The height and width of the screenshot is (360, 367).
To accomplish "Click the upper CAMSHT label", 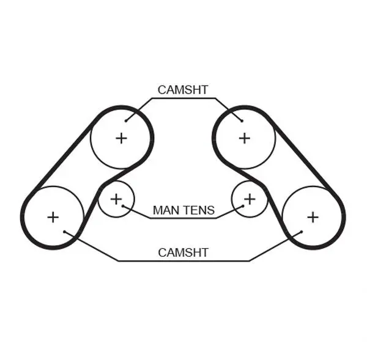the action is point(183,90).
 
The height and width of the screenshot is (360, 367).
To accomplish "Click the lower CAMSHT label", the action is point(183,252).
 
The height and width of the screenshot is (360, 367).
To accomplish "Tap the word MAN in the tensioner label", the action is point(164,210).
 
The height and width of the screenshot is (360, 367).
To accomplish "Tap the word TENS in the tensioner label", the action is point(196,210).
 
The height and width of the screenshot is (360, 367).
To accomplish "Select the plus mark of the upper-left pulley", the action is point(121,138).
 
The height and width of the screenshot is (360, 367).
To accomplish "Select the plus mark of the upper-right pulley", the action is point(244,138).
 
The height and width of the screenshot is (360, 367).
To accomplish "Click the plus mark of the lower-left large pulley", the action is point(53,218).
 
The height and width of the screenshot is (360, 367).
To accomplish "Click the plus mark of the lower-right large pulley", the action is point(313,218).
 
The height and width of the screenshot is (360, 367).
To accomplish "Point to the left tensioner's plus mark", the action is point(116,199).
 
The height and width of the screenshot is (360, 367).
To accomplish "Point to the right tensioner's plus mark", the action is point(250,199).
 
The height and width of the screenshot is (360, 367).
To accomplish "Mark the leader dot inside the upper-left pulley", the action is point(126,120).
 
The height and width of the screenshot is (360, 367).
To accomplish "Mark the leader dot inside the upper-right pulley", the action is point(242,120).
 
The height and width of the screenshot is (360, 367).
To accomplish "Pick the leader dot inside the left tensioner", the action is point(123,206).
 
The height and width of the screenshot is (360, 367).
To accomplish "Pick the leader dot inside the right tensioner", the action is point(243,206).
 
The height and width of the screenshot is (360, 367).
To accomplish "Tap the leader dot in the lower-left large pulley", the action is point(64,232).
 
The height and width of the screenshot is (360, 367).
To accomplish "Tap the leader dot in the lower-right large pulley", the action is point(302,232).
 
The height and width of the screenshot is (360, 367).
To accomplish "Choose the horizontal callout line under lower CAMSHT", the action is point(183,260).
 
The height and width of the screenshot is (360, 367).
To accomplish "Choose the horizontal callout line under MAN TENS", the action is point(183,218).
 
